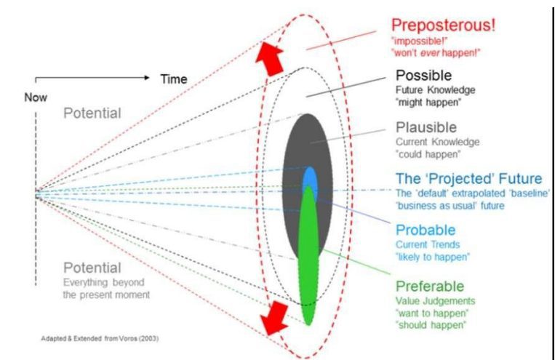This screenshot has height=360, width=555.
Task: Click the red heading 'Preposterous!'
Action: click(443, 25)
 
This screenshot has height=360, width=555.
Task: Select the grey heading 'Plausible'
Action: click(426, 127)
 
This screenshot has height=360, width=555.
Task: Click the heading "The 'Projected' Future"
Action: click(468, 178)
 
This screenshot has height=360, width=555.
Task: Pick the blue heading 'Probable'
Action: click(426, 230)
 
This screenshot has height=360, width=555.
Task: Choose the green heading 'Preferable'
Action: click(430, 286)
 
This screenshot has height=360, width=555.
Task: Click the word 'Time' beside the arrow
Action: click(174, 79)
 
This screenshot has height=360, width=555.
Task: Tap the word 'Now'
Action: click(36, 97)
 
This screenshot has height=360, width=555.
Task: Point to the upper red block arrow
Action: click(270, 58)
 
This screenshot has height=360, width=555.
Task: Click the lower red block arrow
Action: click(274, 318)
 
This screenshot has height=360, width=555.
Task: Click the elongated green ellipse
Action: click(308, 255)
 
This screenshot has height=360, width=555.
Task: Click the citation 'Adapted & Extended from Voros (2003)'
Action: click(100, 338)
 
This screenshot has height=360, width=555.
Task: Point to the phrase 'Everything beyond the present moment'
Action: click(106, 289)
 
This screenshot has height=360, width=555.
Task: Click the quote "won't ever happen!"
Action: click(436, 53)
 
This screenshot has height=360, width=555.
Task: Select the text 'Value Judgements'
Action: click(436, 301)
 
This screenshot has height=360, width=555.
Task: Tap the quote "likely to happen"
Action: click(433, 257)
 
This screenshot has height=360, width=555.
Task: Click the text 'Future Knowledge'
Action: click(436, 90)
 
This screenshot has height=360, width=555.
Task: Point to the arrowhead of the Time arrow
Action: click(147, 78)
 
